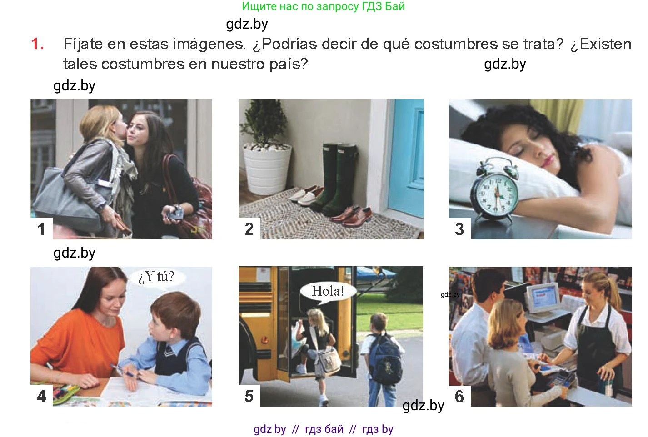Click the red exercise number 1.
pos(37,44)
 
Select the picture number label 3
pos(459,229)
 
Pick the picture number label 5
pos(249,396)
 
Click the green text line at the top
pos(323,6)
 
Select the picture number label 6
pos(459,396)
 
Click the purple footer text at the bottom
pos(324,429)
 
